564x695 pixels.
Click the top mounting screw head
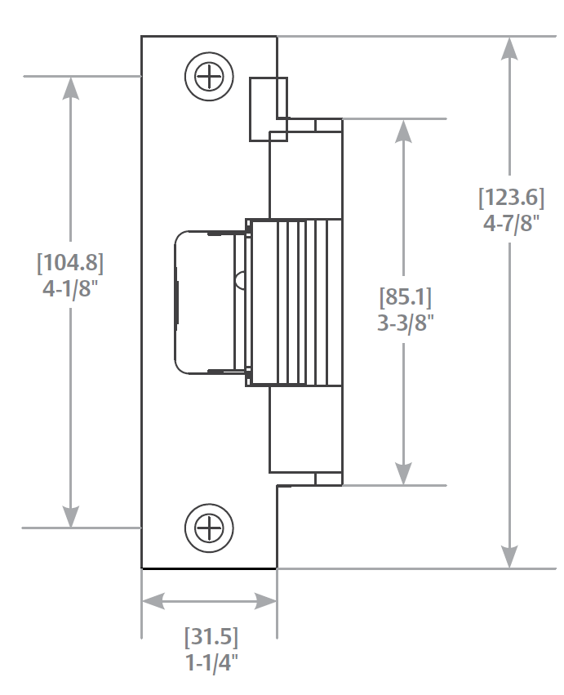[210, 78]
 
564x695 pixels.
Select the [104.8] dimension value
[70, 263]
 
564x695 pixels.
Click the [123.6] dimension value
[511, 198]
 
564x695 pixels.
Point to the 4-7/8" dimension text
[511, 223]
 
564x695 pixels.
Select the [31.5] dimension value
[211, 635]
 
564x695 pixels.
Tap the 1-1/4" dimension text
[211, 662]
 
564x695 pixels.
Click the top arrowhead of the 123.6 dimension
[510, 47]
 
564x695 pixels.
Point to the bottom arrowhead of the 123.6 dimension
[510, 557]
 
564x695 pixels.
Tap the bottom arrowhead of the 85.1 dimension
[403, 474]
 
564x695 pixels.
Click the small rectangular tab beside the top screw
[269, 109]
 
